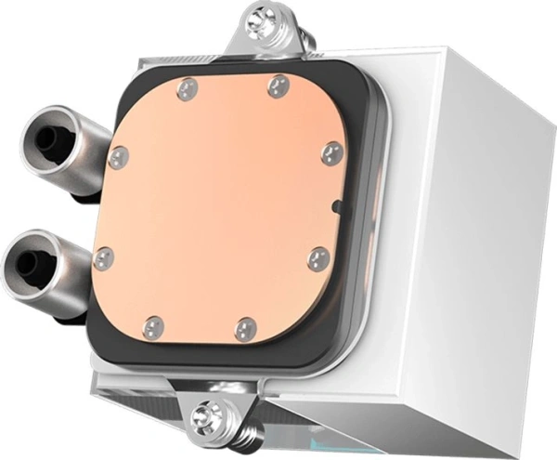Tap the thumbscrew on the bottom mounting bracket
click(207, 417)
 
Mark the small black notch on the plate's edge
click(337, 205)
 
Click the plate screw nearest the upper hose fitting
click(117, 157)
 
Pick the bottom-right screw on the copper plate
click(246, 329)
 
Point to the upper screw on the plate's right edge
click(331, 153)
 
